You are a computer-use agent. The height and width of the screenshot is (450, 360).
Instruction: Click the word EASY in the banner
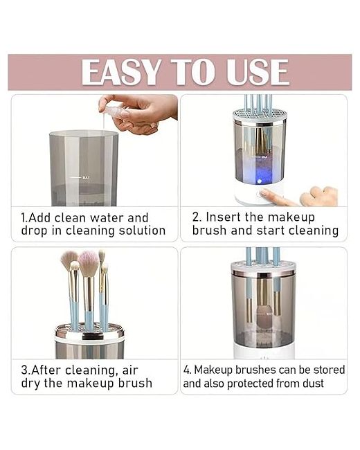[x=121, y=72]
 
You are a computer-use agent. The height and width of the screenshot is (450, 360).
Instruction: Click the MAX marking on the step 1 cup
[x=86, y=178]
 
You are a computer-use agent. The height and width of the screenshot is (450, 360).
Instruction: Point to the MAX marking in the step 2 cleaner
[x=264, y=157]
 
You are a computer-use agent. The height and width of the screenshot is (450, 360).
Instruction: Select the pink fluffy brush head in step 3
[x=89, y=263]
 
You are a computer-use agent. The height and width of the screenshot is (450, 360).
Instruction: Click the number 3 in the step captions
[x=24, y=370]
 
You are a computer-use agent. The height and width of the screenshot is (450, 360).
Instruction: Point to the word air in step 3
[x=130, y=370]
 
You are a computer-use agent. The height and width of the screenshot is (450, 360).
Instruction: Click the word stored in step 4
[x=329, y=370]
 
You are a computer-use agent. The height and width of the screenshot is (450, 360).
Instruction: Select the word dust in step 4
[x=314, y=384]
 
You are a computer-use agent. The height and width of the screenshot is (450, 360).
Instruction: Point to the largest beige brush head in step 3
[x=69, y=260]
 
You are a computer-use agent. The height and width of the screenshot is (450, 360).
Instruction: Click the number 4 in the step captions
[x=187, y=370]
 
